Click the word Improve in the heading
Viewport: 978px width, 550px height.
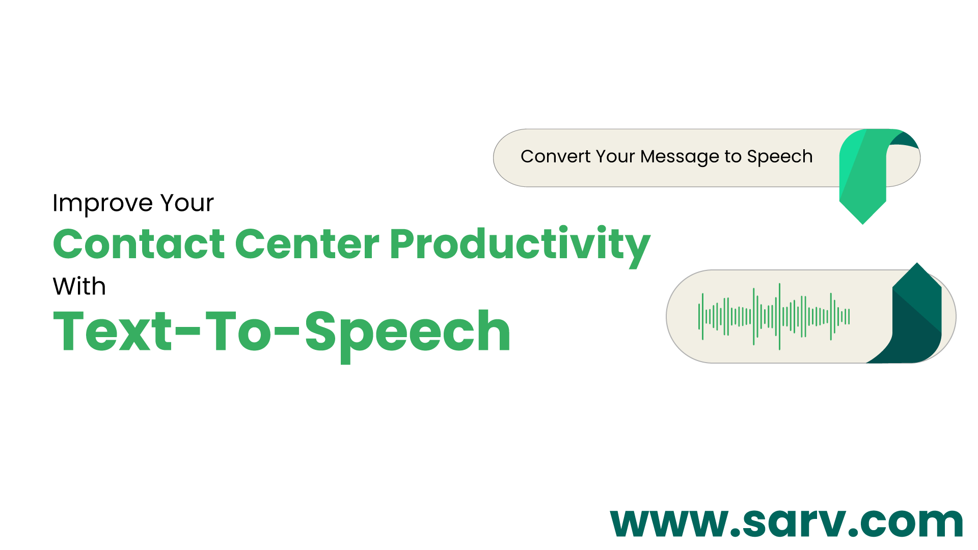(x=102, y=203)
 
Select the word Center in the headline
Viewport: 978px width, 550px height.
(x=307, y=244)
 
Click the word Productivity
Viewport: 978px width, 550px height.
(x=520, y=245)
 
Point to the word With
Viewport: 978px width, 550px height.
(x=79, y=286)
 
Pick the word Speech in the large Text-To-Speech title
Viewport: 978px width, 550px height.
(x=407, y=334)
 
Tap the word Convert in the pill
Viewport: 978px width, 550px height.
(x=555, y=156)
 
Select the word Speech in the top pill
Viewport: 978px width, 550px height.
(x=779, y=157)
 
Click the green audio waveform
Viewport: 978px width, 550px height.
(x=774, y=316)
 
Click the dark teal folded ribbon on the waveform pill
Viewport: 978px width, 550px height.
(x=917, y=316)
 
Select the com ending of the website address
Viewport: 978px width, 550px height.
(x=912, y=522)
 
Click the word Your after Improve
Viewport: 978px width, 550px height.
(x=187, y=203)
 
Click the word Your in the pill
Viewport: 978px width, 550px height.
(x=615, y=156)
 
